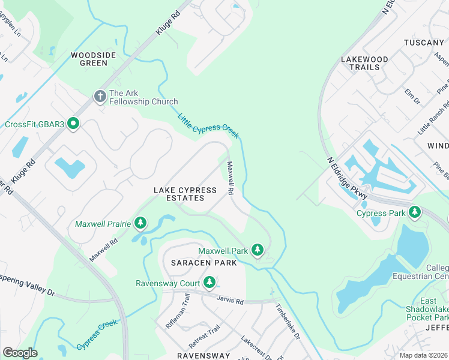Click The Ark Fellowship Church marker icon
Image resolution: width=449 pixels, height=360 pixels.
coord(100,95)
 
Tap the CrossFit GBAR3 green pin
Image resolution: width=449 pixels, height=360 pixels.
coord(73,124)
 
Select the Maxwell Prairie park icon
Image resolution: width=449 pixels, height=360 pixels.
coord(140,224)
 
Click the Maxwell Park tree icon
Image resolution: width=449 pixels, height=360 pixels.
coord(258,250)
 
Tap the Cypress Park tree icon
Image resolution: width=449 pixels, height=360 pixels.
coord(414,212)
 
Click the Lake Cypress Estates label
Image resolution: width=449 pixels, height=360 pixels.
coord(185,194)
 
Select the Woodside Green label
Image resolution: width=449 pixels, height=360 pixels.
coord(93,59)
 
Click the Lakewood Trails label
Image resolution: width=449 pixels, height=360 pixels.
coord(364,63)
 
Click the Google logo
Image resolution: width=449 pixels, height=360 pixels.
coord(20,353)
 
